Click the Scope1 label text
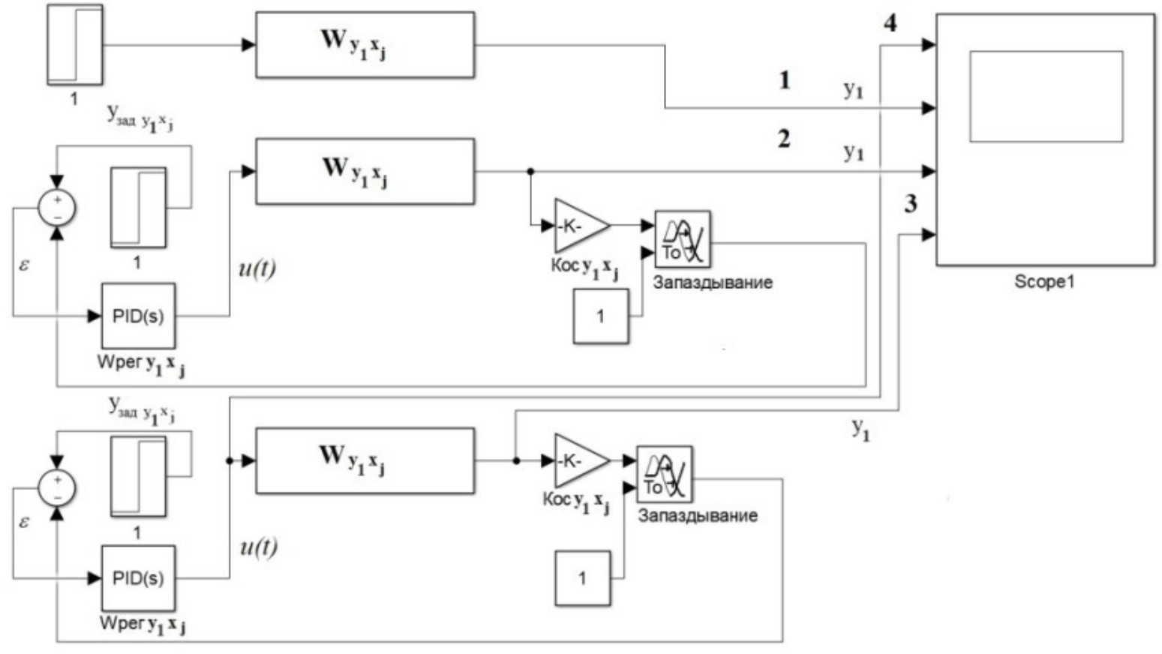tap(1044, 282)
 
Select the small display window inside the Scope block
tap(1046, 96)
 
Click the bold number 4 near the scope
tap(890, 23)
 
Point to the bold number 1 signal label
tap(785, 80)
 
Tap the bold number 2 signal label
tap(784, 139)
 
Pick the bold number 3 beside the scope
tap(910, 203)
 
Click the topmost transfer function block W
tap(365, 45)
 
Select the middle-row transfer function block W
tap(365, 171)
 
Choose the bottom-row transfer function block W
tap(365, 460)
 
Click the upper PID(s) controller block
tap(138, 316)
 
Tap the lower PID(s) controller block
tap(138, 578)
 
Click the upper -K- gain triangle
tap(578, 225)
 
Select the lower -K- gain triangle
tap(578, 460)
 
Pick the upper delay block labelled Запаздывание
tap(682, 239)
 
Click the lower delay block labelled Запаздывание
tap(664, 475)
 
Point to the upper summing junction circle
tap(57, 208)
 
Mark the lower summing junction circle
tap(57, 487)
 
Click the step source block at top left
tap(74, 44)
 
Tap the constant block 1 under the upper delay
tap(600, 316)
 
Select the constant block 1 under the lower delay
tap(582, 578)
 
